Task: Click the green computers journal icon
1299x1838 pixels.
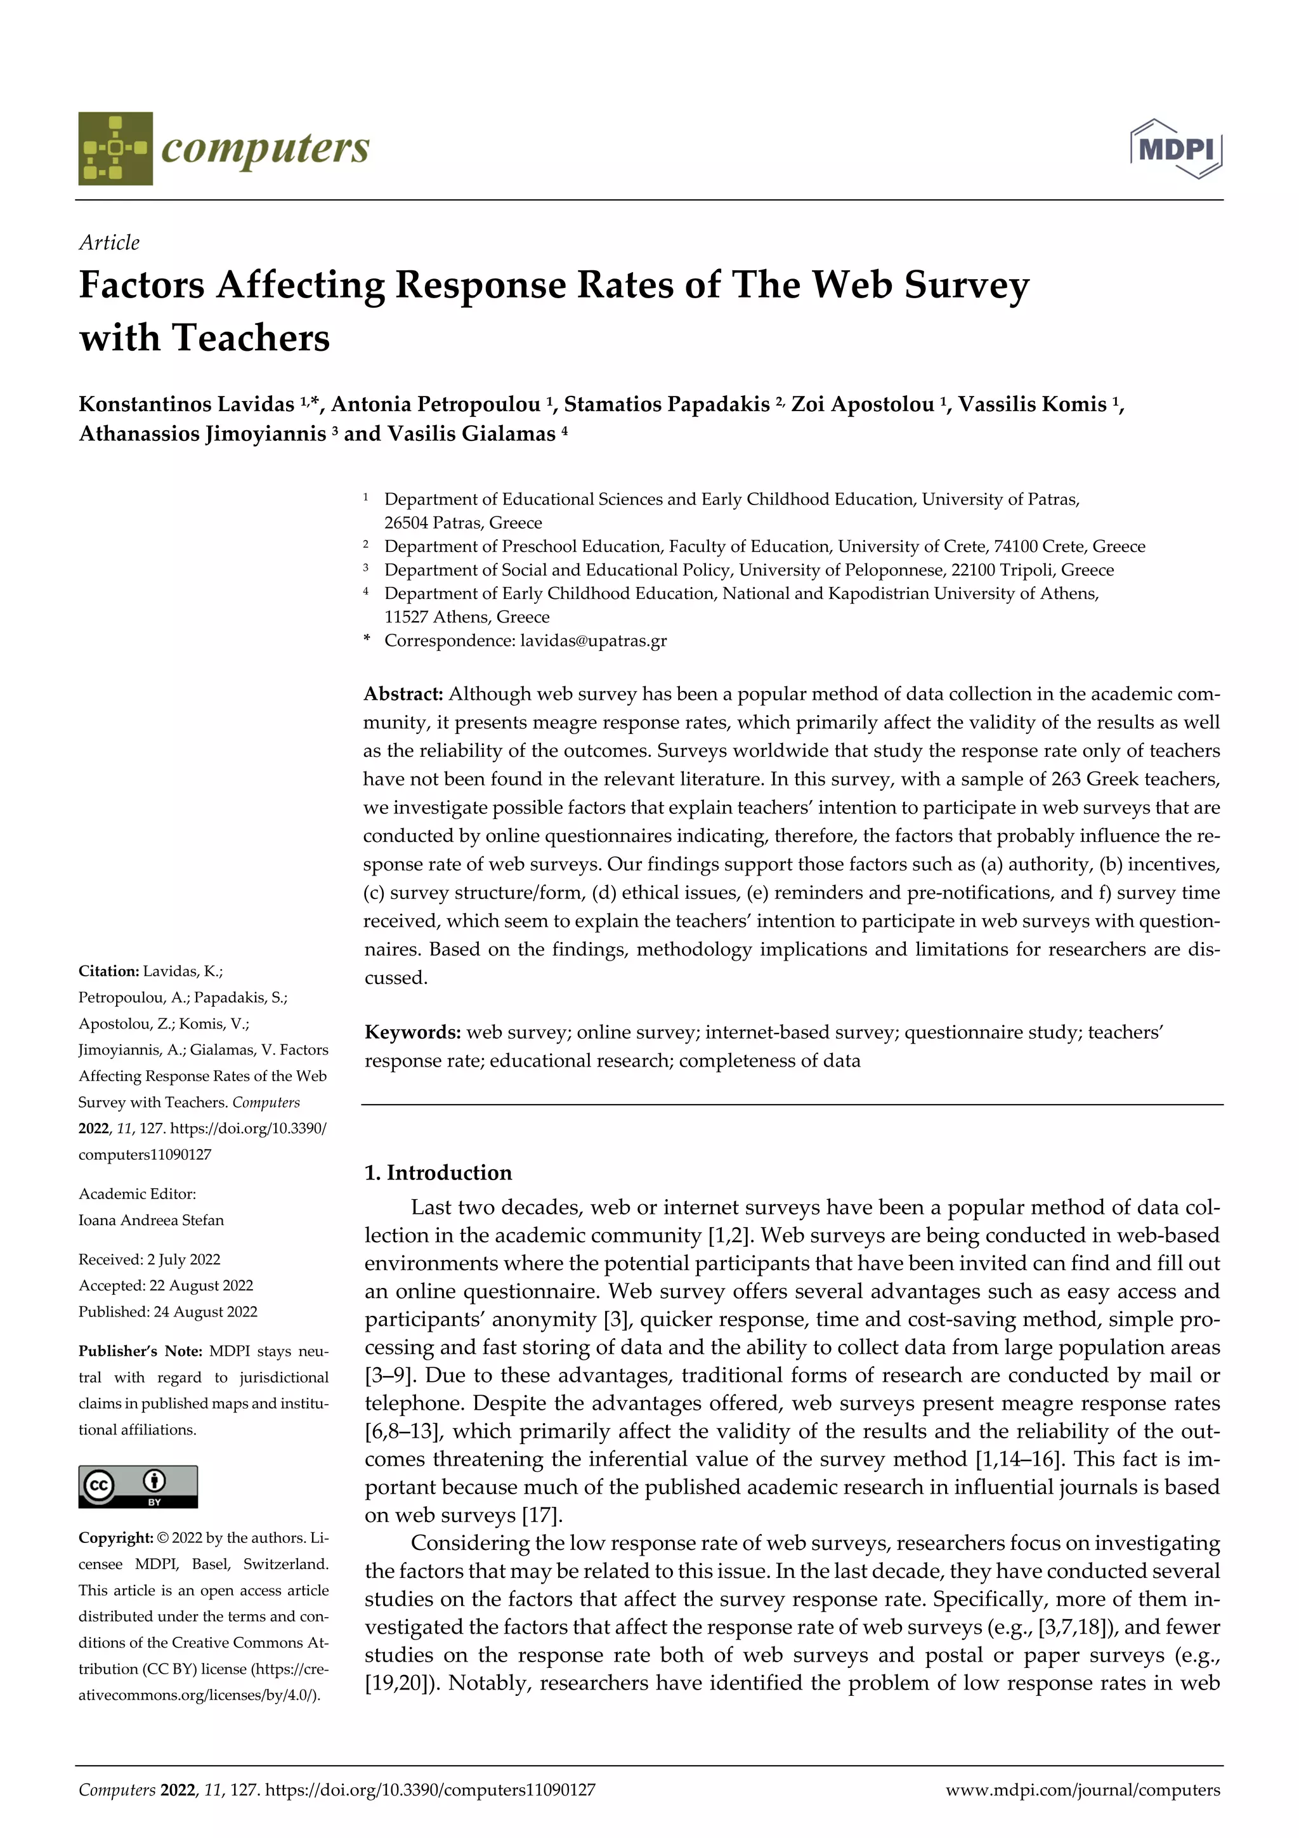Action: point(115,149)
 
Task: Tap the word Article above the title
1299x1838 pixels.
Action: point(109,242)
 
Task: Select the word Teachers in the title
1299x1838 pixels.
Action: point(251,337)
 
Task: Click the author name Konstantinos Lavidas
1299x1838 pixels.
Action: point(186,404)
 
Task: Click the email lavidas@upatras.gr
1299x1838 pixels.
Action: point(593,640)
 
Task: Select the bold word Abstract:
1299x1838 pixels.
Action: point(403,694)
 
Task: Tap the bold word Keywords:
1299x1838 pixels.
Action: point(412,1032)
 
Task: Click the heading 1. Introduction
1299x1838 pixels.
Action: point(438,1172)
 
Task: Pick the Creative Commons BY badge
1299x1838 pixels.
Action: point(138,1487)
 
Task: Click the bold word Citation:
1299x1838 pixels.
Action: point(109,971)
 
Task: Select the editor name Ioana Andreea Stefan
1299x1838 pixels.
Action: point(150,1220)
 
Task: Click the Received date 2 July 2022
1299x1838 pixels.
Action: point(183,1259)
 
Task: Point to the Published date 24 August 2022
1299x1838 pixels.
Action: point(204,1311)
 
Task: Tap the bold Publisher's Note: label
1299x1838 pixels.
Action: point(140,1351)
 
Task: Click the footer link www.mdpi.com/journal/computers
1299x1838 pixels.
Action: point(1083,1790)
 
